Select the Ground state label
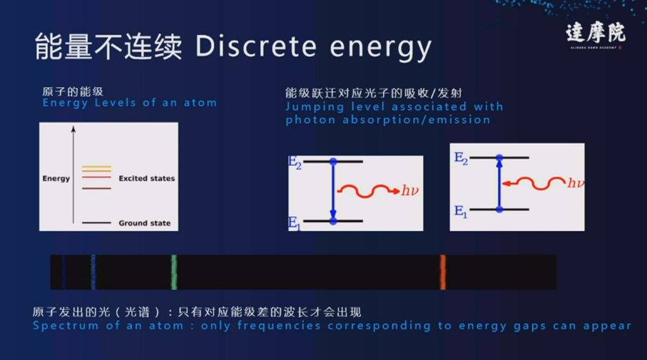point(144,223)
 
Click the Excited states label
point(146,178)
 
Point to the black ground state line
point(96,223)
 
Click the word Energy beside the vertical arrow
point(56,178)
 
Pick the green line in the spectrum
point(174,272)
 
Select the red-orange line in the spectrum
point(442,272)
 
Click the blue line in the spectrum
point(93,272)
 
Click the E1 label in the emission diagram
point(295,222)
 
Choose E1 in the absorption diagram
point(460,210)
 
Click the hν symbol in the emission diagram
point(409,190)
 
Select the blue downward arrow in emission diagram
point(333,192)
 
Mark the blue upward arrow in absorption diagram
point(499,183)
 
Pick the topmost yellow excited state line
point(96,167)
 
